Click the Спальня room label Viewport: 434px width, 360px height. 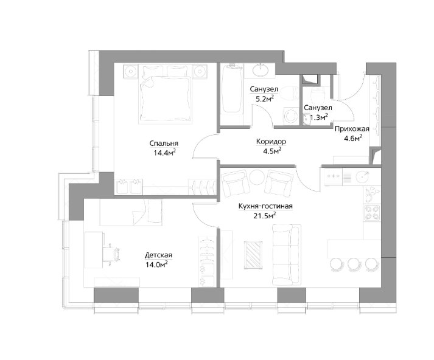pyautogui.click(x=164, y=144)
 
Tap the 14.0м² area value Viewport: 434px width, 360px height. pyautogui.click(x=156, y=265)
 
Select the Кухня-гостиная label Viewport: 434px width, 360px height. pyautogui.click(x=265, y=206)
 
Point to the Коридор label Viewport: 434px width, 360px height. pyautogui.click(x=271, y=142)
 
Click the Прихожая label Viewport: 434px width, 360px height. pyautogui.click(x=352, y=129)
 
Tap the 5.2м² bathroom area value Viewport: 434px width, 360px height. pyautogui.click(x=263, y=99)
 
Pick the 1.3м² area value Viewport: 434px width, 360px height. pyautogui.click(x=319, y=117)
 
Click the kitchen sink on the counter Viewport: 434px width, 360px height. pyautogui.click(x=362, y=177)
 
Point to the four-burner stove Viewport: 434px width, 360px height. pyautogui.click(x=372, y=212)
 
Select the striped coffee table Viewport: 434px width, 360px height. pyautogui.click(x=253, y=255)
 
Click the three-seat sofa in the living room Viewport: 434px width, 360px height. pyautogui.click(x=286, y=255)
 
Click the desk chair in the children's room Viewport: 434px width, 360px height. pyautogui.click(x=111, y=254)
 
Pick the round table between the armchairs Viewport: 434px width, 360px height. pyautogui.click(x=257, y=177)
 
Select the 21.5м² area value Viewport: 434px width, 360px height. pyautogui.click(x=265, y=215)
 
